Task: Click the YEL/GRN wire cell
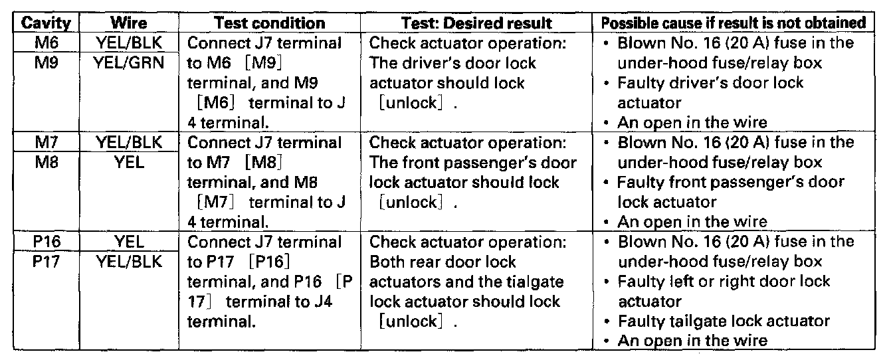point(129,63)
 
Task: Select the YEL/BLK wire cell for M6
point(129,44)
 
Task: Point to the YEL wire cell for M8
point(129,161)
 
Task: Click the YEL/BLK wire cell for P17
point(129,260)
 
